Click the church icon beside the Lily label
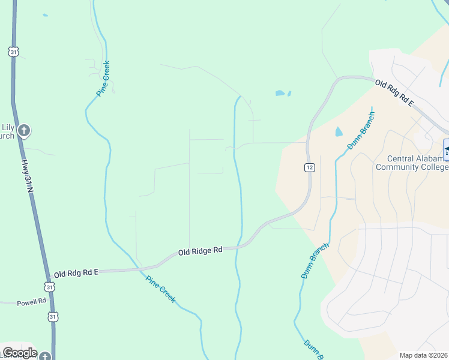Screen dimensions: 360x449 [23, 130]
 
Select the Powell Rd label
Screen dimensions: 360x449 [31, 302]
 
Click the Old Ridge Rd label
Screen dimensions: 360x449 [200, 251]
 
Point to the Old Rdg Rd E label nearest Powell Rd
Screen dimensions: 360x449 [76, 273]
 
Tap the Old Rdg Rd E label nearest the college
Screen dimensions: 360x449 [394, 93]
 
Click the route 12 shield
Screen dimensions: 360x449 [309, 167]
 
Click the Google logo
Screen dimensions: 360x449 [20, 353]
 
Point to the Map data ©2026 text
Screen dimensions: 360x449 [424, 355]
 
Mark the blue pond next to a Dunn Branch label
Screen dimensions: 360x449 [339, 131]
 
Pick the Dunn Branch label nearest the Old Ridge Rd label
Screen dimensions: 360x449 [315, 260]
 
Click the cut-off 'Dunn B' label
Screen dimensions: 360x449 [313, 349]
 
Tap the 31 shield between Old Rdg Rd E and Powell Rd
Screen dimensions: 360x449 [50, 287]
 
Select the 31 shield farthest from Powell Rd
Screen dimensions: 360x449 [14, 52]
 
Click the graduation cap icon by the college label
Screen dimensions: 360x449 [447, 149]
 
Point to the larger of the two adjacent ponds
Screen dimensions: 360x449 [280, 94]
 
